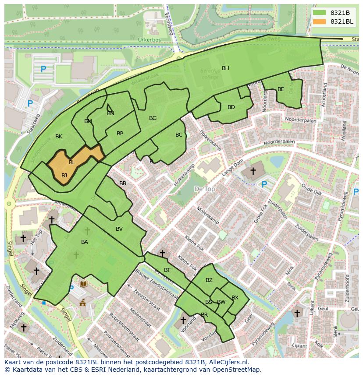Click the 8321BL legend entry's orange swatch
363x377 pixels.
[320, 21]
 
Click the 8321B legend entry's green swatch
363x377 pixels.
[320, 13]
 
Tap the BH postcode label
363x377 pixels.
[225, 68]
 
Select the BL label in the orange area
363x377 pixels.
[72, 162]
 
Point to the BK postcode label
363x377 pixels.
[59, 137]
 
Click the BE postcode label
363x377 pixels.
[281, 89]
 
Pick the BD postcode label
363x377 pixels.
[231, 107]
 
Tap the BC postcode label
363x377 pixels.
[179, 135]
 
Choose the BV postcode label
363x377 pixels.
[119, 229]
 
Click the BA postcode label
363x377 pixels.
[85, 242]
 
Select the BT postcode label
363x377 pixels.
[167, 270]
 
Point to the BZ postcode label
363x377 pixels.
[209, 280]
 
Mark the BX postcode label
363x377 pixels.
[235, 298]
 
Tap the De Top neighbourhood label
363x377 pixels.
[204, 189]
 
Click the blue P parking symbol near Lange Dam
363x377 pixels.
[264, 185]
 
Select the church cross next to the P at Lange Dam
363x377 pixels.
[253, 170]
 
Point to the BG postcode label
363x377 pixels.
[153, 118]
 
